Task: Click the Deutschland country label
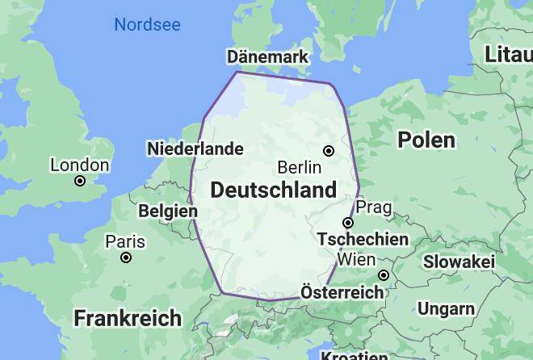(x=273, y=190)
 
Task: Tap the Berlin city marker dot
(x=329, y=151)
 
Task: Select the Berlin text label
(x=299, y=168)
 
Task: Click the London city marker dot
(x=80, y=181)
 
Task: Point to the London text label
(x=79, y=165)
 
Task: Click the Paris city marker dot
(x=126, y=257)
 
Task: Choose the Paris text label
(x=125, y=241)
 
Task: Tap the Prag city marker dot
(x=348, y=223)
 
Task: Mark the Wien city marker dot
(x=384, y=275)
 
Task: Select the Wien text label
(x=356, y=259)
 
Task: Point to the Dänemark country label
(x=267, y=57)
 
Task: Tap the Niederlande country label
(x=195, y=149)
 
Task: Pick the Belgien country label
(x=168, y=211)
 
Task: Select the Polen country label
(x=426, y=140)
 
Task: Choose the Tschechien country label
(x=363, y=240)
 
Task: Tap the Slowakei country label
(x=459, y=262)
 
